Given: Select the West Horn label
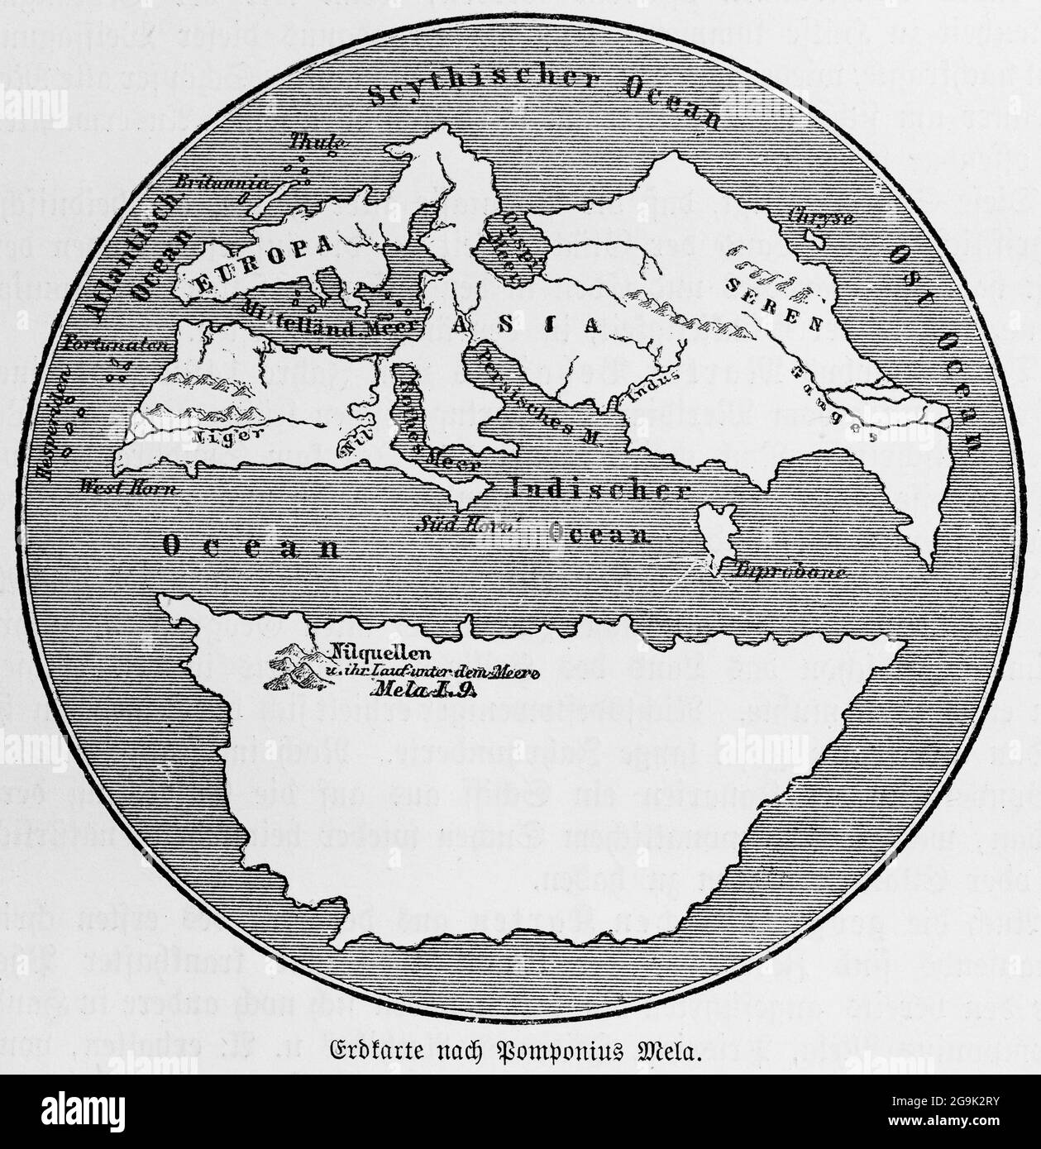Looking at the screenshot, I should (128, 487).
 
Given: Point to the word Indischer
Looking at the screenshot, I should (599, 489).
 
